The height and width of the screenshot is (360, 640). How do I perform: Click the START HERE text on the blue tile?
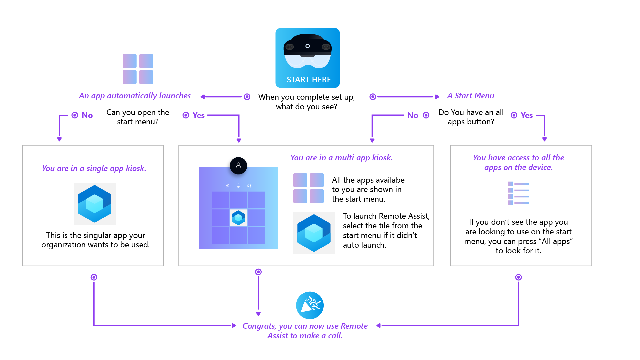coord(309,80)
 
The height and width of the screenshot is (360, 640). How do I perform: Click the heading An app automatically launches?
coord(135,96)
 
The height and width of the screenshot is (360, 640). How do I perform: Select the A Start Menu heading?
coord(470,96)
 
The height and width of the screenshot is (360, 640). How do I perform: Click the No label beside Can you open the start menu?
coord(87,115)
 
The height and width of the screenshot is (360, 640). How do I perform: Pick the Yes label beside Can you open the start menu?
coord(198,115)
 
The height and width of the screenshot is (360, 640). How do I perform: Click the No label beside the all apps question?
coord(412,115)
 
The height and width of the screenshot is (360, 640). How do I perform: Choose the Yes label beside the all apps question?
coord(527,115)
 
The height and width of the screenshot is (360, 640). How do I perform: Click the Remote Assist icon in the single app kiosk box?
coord(95,204)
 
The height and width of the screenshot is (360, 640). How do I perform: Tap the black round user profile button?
coord(238,165)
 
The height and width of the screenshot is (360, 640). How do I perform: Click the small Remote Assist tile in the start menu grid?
coord(238,218)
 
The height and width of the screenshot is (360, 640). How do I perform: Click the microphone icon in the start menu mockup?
coord(238,186)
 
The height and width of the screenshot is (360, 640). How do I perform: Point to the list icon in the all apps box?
coord(518,193)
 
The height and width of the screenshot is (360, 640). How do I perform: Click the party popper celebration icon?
coord(310,305)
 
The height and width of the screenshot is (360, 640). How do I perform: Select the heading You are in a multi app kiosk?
coord(341,158)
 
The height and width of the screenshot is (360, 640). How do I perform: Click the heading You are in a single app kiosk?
coord(94,168)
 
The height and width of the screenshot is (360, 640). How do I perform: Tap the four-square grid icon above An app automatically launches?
coord(138,69)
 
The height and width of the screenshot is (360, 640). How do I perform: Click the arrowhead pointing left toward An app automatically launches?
coord(202,97)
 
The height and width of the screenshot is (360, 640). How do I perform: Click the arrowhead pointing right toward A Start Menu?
coord(437,97)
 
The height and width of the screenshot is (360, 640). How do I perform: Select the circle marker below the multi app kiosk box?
coord(258,272)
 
